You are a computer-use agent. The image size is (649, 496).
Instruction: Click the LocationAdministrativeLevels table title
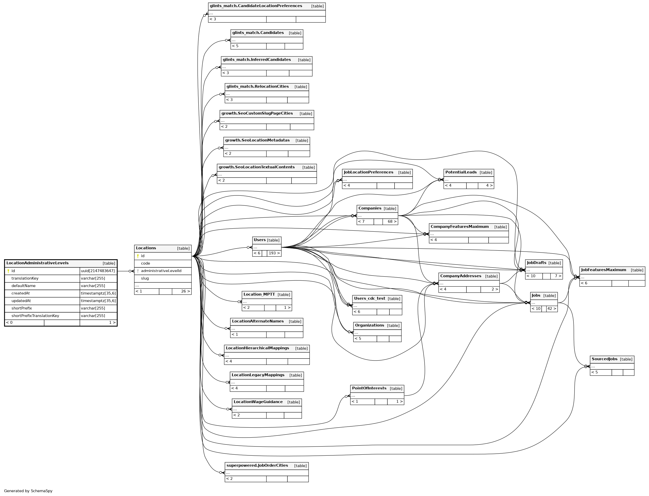pos(37,263)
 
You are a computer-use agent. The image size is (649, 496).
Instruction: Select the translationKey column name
pos(25,278)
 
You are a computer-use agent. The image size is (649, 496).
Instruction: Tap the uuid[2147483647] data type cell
pos(98,271)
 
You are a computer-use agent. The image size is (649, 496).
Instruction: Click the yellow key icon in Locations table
pos(138,256)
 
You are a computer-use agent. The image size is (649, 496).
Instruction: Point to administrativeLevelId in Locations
pos(161,271)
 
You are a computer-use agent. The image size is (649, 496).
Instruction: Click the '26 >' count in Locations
pos(185,291)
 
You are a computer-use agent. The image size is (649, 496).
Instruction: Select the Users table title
pos(260,240)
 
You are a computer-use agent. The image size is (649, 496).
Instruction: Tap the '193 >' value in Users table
pos(274,253)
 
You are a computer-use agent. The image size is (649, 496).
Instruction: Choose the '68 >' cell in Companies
pos(392,222)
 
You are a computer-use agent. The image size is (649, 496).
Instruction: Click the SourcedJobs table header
pos(604,359)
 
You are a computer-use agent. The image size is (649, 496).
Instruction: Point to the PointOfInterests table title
pos(369,388)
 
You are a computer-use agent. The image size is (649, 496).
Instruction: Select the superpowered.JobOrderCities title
pos(257,466)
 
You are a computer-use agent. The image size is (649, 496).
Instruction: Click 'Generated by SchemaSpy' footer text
pos(28,491)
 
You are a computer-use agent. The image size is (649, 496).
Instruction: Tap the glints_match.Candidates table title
pos(258,33)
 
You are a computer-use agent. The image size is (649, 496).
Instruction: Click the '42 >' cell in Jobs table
pos(551,309)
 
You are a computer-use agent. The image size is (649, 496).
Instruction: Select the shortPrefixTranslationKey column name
pos(35,316)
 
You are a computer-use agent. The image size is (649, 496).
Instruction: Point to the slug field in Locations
pos(145,278)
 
